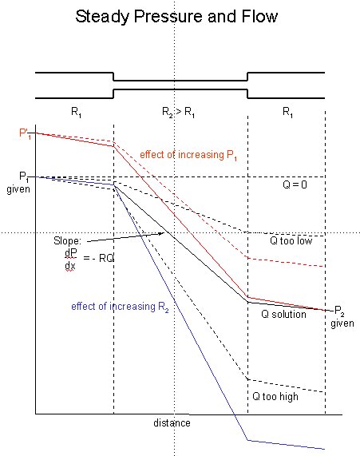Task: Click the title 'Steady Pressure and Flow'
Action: coord(176,17)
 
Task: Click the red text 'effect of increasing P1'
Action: coord(188,155)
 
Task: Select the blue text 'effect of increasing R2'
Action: coord(120,307)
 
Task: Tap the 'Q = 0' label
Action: coord(295,184)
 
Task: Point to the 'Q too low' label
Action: coord(291,240)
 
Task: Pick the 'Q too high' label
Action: coord(275,396)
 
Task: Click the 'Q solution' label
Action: coord(283,314)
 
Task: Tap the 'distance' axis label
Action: coord(172,422)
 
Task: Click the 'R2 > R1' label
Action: coord(178,112)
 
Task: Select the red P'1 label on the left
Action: coord(25,133)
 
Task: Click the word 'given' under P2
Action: coord(342,323)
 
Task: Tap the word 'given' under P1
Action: coord(18,189)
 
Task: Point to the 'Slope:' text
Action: coord(68,241)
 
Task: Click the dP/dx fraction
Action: coord(70,260)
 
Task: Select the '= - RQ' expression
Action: coord(98,258)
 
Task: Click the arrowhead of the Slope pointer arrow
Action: coord(162,233)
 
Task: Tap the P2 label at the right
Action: coord(339,311)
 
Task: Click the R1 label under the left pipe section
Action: coord(76,112)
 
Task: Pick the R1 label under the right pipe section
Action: coord(288,112)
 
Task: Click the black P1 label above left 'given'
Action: coord(24,176)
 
